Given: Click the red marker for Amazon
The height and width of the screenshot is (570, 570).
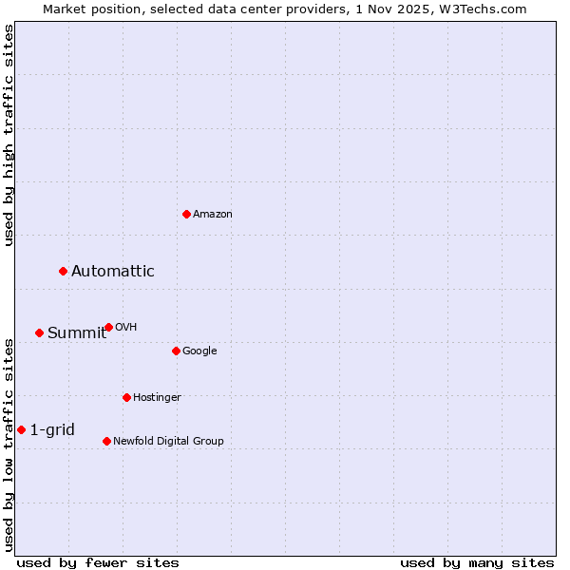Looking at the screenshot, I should coord(186,214).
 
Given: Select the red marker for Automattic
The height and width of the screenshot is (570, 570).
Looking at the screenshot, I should coord(64,272).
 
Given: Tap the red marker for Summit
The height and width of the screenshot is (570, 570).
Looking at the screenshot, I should coord(39,332).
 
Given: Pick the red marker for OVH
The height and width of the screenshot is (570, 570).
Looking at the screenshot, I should coord(108,328).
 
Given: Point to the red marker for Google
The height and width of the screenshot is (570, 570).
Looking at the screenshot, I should coord(176,351).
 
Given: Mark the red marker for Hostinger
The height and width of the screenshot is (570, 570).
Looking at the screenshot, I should coord(126,397).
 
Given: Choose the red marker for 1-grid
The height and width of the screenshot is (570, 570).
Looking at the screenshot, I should coord(21,430).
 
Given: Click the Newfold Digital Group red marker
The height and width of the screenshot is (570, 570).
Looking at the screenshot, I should coord(106,441).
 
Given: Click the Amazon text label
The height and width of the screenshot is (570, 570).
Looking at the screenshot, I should coord(213,215).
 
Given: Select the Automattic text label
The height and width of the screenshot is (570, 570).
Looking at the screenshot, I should coord(113,272).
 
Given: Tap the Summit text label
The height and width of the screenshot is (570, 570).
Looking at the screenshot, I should coord(77,332).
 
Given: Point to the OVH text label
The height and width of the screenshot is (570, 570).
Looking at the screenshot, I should coord(126,328).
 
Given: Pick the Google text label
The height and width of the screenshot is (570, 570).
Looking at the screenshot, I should coord(199,351).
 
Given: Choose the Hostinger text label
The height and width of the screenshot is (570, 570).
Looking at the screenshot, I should coord(157,397).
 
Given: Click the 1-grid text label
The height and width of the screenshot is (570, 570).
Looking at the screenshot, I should coord(52,430).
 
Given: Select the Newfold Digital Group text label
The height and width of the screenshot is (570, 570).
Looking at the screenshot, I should coord(168,441).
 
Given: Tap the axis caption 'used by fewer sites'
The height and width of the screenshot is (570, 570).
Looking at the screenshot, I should coord(98,562).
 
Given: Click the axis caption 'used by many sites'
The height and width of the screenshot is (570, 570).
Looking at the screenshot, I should coord(477,562).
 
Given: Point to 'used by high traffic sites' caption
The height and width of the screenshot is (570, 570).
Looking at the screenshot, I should coord(9,136).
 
